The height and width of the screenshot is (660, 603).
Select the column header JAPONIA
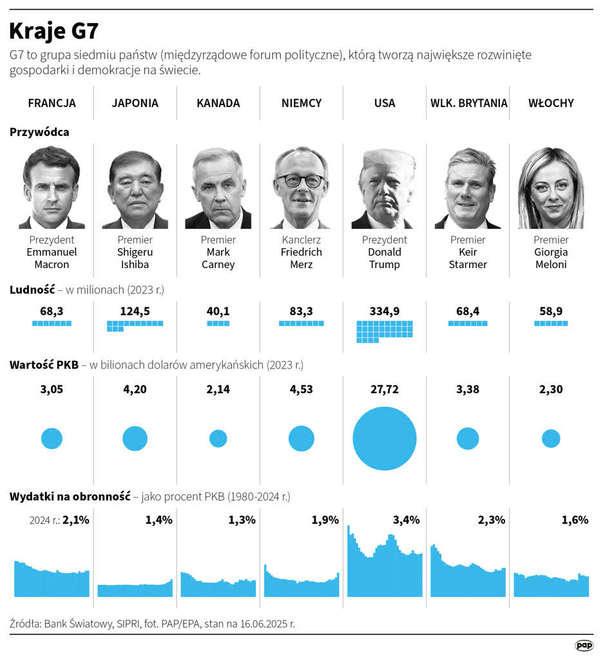(x=135, y=103)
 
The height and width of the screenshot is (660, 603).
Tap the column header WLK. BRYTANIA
(x=468, y=103)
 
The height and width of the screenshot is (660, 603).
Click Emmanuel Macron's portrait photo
(x=52, y=188)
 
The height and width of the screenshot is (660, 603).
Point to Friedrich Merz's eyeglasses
(x=301, y=180)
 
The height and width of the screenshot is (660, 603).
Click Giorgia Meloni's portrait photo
(x=551, y=188)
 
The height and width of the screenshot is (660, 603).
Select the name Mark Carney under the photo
(x=218, y=258)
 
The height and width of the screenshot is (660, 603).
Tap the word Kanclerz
(x=301, y=240)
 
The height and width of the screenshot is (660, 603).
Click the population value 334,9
(x=385, y=311)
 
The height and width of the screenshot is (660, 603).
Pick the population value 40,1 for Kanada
(x=218, y=311)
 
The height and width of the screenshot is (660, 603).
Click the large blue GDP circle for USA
(x=385, y=438)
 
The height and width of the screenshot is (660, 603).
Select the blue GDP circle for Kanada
(x=218, y=439)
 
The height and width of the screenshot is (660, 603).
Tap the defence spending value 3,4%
(x=406, y=520)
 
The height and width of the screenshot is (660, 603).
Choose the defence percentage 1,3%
(x=242, y=520)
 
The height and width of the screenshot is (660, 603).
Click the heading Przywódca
(x=39, y=132)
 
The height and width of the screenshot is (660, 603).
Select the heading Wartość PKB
(x=44, y=365)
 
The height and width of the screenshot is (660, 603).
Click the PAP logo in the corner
(x=584, y=645)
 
